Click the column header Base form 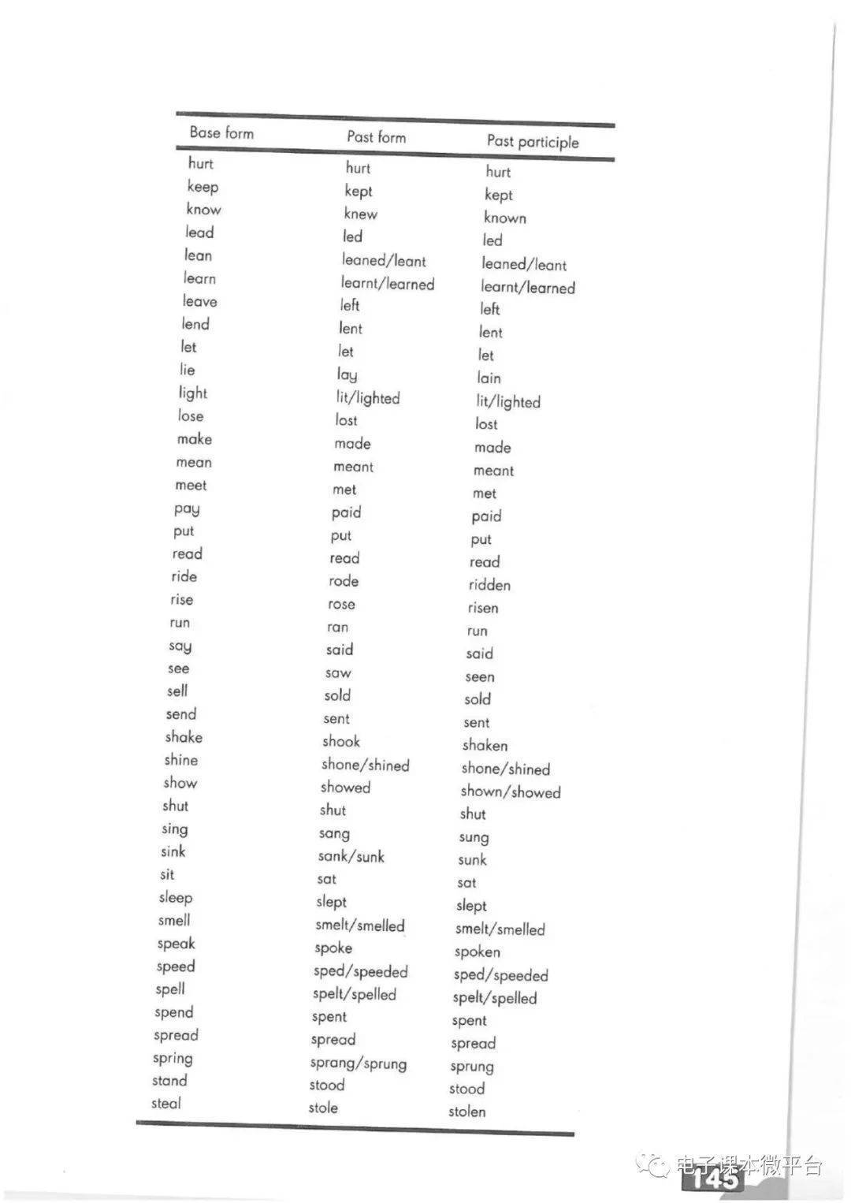point(221,132)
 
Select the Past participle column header point(533,142)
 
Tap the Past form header point(376,137)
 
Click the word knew point(360,214)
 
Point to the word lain point(489,378)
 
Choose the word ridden point(489,585)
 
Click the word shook point(340,741)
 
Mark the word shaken point(485,745)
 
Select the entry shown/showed point(511,791)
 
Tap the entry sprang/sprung point(359,1063)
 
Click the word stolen point(467,1112)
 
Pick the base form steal point(166,1104)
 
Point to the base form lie point(187,370)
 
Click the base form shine point(180,760)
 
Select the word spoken point(477,952)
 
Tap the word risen point(482,608)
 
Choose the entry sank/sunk point(351,856)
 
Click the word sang point(334,833)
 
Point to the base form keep point(203,187)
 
